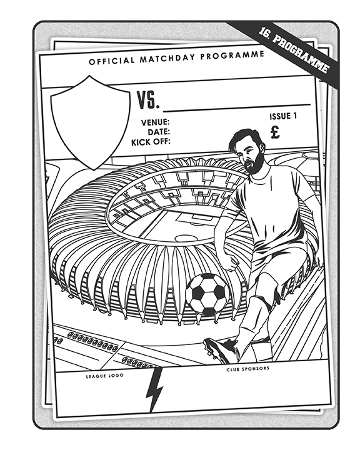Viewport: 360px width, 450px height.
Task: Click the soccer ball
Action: click(x=207, y=294)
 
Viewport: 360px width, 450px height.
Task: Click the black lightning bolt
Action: click(x=154, y=389)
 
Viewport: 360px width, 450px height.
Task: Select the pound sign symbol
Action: click(x=275, y=132)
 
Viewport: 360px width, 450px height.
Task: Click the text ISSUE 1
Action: click(x=282, y=116)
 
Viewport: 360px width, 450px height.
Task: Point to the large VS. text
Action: click(x=147, y=100)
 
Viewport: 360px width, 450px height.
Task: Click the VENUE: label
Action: click(x=155, y=122)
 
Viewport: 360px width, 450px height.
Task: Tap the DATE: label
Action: click(x=159, y=132)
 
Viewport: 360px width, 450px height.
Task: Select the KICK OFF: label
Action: click(x=151, y=142)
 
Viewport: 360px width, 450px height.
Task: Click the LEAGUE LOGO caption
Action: click(x=105, y=376)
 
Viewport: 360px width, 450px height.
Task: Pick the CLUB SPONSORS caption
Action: click(x=247, y=369)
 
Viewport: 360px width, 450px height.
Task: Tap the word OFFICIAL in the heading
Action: click(x=111, y=61)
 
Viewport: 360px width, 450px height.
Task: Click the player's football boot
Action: click(x=221, y=349)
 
